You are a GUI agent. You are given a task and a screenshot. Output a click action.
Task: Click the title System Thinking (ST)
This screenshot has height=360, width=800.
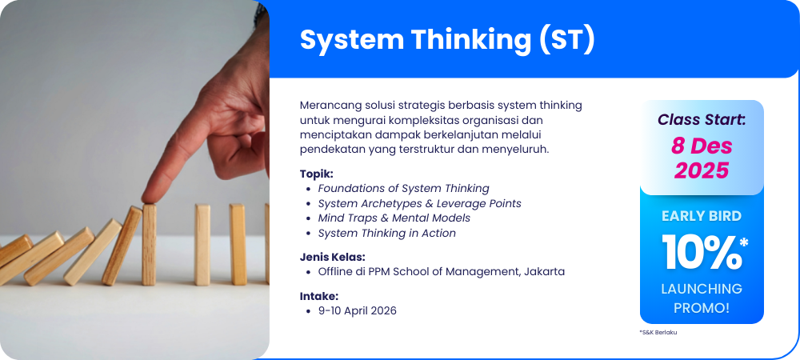click(447, 39)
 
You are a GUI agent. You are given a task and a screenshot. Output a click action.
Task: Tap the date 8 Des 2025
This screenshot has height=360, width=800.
click(702, 158)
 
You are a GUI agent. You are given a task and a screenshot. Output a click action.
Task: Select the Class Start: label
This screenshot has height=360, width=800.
click(702, 120)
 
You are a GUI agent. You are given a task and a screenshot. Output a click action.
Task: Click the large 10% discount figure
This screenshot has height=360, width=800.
click(705, 252)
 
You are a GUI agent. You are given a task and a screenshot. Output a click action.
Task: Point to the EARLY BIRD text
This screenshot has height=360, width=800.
click(702, 216)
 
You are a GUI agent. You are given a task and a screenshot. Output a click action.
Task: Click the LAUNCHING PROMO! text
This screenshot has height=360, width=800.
click(702, 298)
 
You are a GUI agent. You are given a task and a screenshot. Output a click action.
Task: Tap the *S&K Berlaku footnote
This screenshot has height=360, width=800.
click(658, 332)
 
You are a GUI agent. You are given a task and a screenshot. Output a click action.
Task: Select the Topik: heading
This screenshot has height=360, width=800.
click(316, 174)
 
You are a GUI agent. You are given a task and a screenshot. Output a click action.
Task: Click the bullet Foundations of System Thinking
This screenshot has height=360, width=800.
click(403, 188)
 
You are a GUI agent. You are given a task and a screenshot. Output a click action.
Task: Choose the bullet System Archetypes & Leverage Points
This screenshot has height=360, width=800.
click(419, 203)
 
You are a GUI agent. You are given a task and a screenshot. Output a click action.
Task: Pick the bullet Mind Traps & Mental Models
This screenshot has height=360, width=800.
click(394, 218)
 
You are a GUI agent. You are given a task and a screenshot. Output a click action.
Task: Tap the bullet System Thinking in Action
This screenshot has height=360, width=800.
click(386, 233)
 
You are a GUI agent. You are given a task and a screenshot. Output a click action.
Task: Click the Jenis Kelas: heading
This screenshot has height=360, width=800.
click(333, 257)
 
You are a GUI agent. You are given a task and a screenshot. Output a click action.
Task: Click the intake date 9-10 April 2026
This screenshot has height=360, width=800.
click(357, 310)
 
